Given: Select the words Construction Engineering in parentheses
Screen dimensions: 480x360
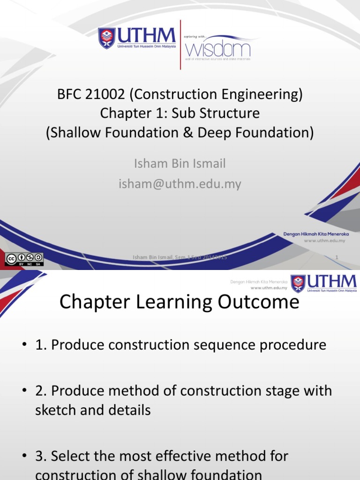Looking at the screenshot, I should (x=216, y=95).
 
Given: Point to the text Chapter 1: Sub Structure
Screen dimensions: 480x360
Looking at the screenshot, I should (x=180, y=113).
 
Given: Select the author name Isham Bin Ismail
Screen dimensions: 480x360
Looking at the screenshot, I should (x=180, y=164).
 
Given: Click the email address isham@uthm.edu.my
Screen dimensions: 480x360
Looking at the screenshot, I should (x=180, y=184).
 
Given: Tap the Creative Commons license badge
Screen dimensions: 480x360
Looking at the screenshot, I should (x=24, y=259).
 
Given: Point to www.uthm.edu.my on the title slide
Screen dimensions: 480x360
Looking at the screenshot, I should (x=324, y=240).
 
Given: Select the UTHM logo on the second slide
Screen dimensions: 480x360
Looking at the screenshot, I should (x=323, y=284).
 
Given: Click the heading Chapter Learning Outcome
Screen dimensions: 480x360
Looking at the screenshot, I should (x=179, y=302).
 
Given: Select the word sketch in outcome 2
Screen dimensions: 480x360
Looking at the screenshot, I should (x=55, y=410).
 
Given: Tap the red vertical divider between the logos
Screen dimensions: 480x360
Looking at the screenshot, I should (x=180, y=45).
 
